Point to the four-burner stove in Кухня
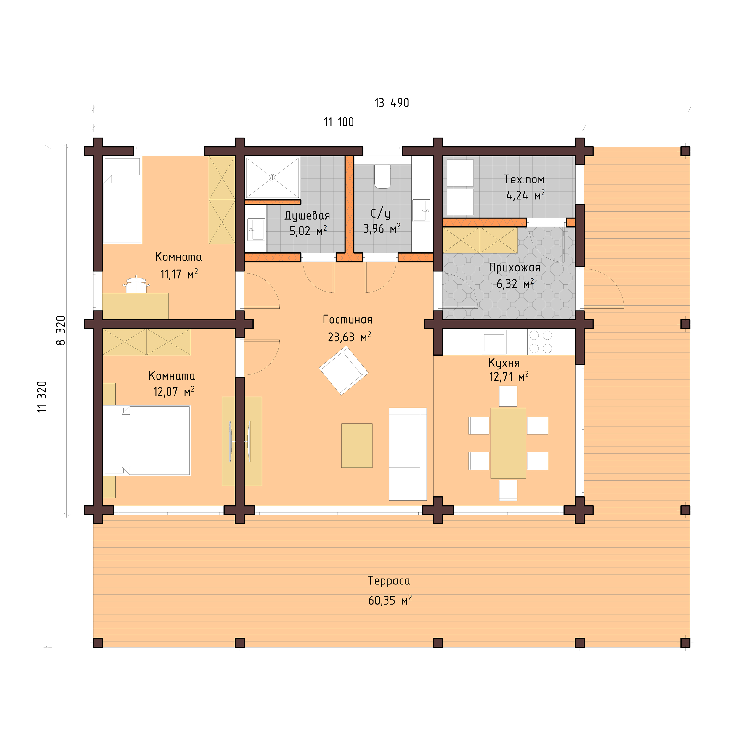541,342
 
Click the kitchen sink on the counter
494,342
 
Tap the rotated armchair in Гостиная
343,371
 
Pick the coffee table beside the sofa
357,445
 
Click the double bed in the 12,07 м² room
148,440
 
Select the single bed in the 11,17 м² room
122,201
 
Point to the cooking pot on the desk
136,286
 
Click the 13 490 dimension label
391,103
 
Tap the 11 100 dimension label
339,122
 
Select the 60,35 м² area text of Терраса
390,600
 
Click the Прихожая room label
514,268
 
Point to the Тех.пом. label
525,180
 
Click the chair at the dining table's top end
508,396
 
